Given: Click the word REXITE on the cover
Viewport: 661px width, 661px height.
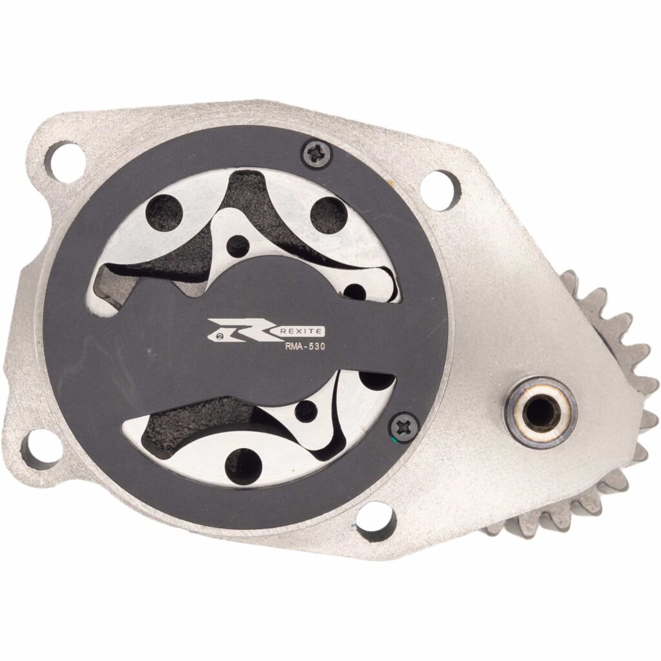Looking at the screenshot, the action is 302,332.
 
